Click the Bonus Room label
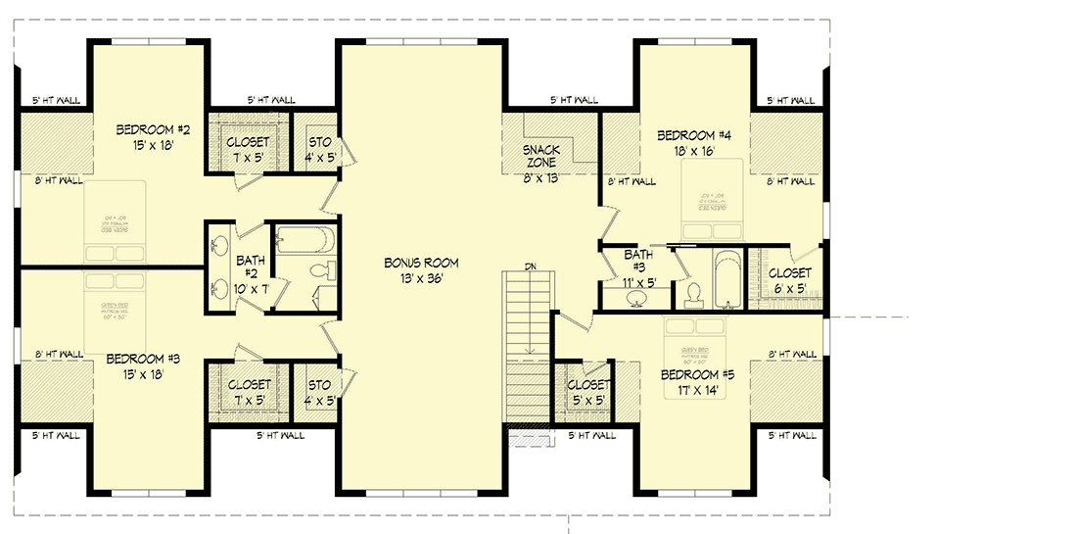tap(421, 263)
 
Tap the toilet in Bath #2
tap(319, 271)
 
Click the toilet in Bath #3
tap(692, 291)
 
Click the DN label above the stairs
tap(530, 266)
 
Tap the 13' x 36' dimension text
tap(421, 278)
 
